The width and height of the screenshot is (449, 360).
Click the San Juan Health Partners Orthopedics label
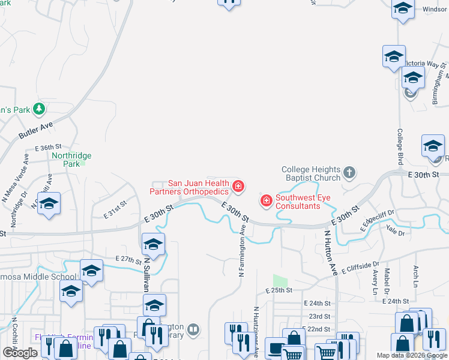click(x=189, y=187)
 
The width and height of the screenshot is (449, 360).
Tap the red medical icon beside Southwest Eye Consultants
click(x=266, y=199)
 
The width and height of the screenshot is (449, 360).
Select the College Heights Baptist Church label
click(x=311, y=173)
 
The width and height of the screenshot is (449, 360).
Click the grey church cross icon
click(x=349, y=174)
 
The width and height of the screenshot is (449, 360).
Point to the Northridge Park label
click(x=71, y=160)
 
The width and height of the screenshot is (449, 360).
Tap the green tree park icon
click(x=39, y=109)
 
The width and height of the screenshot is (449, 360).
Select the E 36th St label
click(x=49, y=147)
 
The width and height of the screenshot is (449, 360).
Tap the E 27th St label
click(x=127, y=259)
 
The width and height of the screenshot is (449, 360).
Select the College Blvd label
click(x=400, y=146)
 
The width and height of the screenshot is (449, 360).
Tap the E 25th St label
click(x=279, y=290)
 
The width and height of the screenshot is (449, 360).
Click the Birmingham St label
click(x=441, y=83)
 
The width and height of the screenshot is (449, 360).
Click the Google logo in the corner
click(x=20, y=353)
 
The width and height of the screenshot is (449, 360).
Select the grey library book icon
click(x=193, y=329)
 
